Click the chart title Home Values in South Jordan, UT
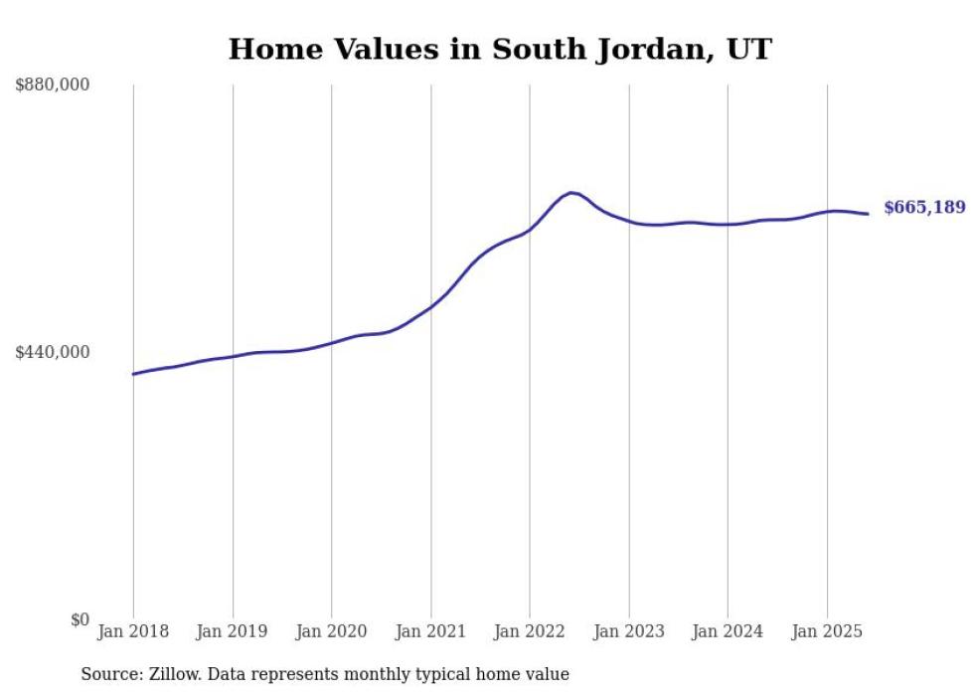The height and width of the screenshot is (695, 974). point(499,49)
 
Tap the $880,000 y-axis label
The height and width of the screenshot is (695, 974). point(53,86)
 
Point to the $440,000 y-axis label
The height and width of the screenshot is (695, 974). point(53,352)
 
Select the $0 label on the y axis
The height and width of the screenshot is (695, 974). point(80,619)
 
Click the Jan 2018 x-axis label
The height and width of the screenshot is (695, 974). point(133,631)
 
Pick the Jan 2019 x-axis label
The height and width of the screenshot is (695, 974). point(233,631)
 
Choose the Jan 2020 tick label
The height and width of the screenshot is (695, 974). point(331,631)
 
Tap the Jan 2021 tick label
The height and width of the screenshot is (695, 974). point(430,631)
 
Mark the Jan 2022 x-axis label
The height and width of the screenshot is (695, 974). point(530,631)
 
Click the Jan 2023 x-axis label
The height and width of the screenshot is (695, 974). point(628,631)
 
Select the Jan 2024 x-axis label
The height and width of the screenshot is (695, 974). point(728,631)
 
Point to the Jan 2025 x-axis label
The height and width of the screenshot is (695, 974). point(827,631)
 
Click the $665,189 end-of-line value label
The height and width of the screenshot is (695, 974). point(923,208)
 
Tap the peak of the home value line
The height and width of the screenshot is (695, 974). point(570,192)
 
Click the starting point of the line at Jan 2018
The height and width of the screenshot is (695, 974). point(133,374)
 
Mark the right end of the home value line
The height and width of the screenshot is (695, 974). point(868,214)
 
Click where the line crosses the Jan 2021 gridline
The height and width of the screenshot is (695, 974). point(430,306)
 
